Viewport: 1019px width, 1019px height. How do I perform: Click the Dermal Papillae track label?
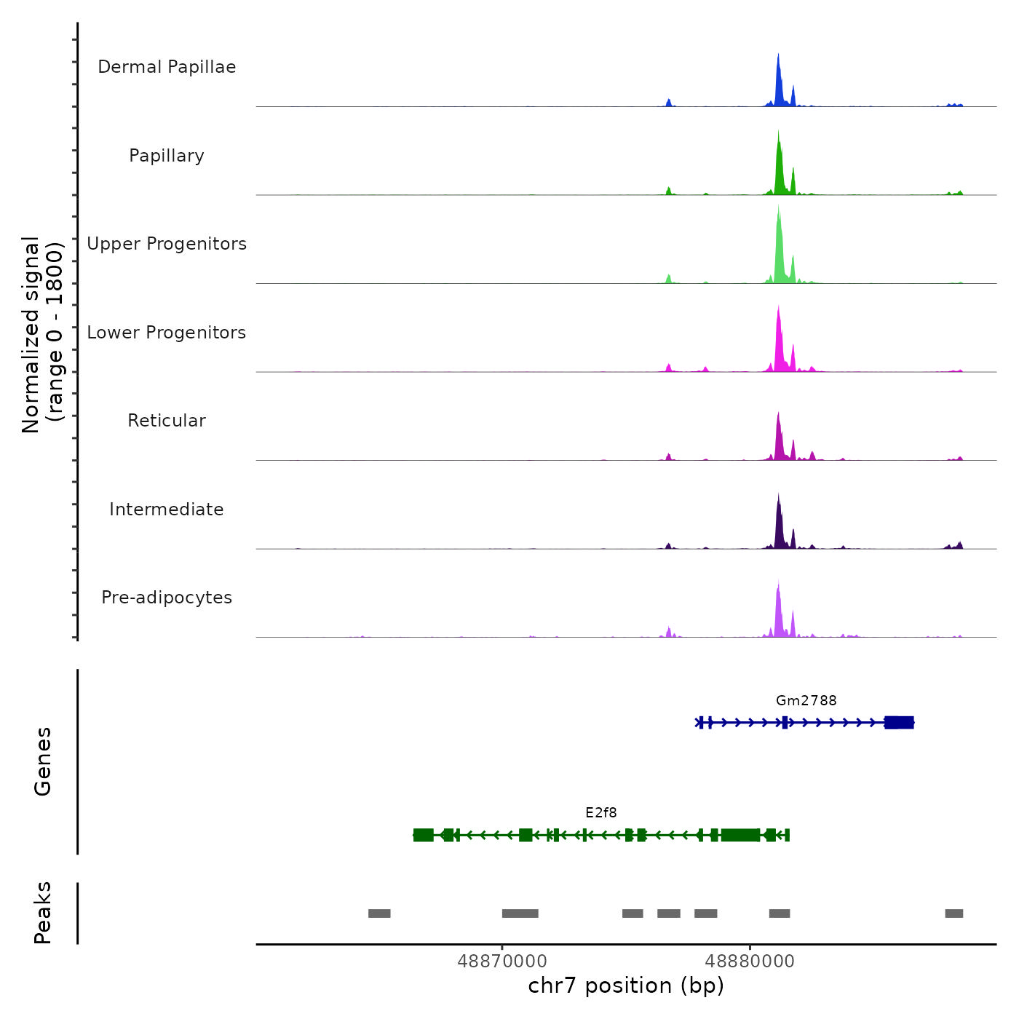(x=167, y=67)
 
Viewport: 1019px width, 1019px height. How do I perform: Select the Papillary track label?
(x=167, y=156)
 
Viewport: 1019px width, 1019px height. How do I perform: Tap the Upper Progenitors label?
(x=167, y=244)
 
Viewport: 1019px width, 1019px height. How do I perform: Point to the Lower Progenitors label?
(x=167, y=333)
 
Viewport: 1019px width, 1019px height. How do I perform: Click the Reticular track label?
(x=167, y=421)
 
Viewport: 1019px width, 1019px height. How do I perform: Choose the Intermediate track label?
(x=167, y=509)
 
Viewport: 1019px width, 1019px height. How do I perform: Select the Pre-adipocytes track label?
(x=167, y=598)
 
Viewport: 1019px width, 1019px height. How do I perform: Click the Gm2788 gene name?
(x=806, y=700)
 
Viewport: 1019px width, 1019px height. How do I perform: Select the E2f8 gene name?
(x=601, y=812)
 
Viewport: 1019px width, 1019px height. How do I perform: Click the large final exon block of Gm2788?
(x=899, y=722)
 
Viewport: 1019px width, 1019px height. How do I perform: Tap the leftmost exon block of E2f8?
(x=423, y=835)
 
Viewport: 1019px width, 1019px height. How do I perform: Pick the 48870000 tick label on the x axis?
(x=502, y=961)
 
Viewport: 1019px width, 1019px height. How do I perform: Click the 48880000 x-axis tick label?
(x=750, y=961)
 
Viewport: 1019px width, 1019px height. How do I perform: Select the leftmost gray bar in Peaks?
(x=379, y=913)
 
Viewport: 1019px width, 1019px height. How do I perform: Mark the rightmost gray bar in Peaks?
(x=954, y=913)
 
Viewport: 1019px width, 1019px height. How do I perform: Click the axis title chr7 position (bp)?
(x=626, y=986)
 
